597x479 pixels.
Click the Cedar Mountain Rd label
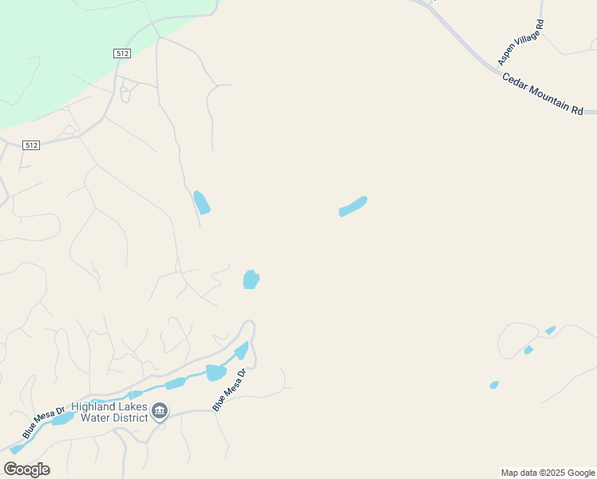click(x=543, y=94)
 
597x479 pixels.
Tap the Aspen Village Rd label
click(x=520, y=43)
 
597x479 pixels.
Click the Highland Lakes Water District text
click(x=109, y=411)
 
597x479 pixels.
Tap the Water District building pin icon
click(x=160, y=411)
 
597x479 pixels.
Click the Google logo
click(x=26, y=469)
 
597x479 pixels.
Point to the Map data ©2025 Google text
click(x=548, y=473)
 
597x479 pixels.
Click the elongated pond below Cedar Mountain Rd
click(x=353, y=206)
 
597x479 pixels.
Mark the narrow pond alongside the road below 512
click(x=201, y=202)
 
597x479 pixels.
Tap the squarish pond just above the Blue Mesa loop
click(x=251, y=279)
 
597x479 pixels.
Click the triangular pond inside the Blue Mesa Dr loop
click(x=242, y=350)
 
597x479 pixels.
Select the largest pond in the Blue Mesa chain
click(x=215, y=372)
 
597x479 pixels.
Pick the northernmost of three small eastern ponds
click(x=550, y=330)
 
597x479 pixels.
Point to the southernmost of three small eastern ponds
click(x=494, y=385)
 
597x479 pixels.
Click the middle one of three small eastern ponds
click(x=528, y=350)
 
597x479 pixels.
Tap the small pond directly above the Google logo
click(x=16, y=449)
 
